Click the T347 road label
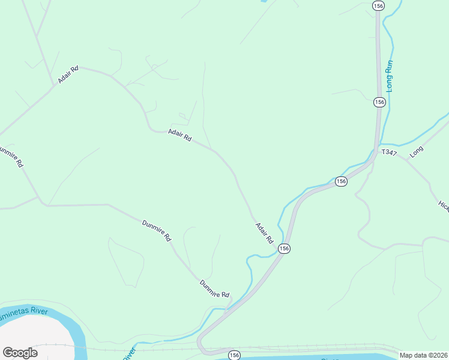[x=389, y=153]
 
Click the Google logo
[x=20, y=352]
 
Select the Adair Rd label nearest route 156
[x=264, y=233]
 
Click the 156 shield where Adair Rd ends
[x=285, y=248]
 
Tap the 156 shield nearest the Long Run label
[x=379, y=102]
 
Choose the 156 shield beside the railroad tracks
[x=234, y=355]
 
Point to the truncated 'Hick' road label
[x=444, y=206]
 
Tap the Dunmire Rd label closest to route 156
[x=215, y=290]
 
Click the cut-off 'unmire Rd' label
[x=12, y=155]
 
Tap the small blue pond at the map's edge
[x=263, y=2]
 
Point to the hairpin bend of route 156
[x=202, y=349]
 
